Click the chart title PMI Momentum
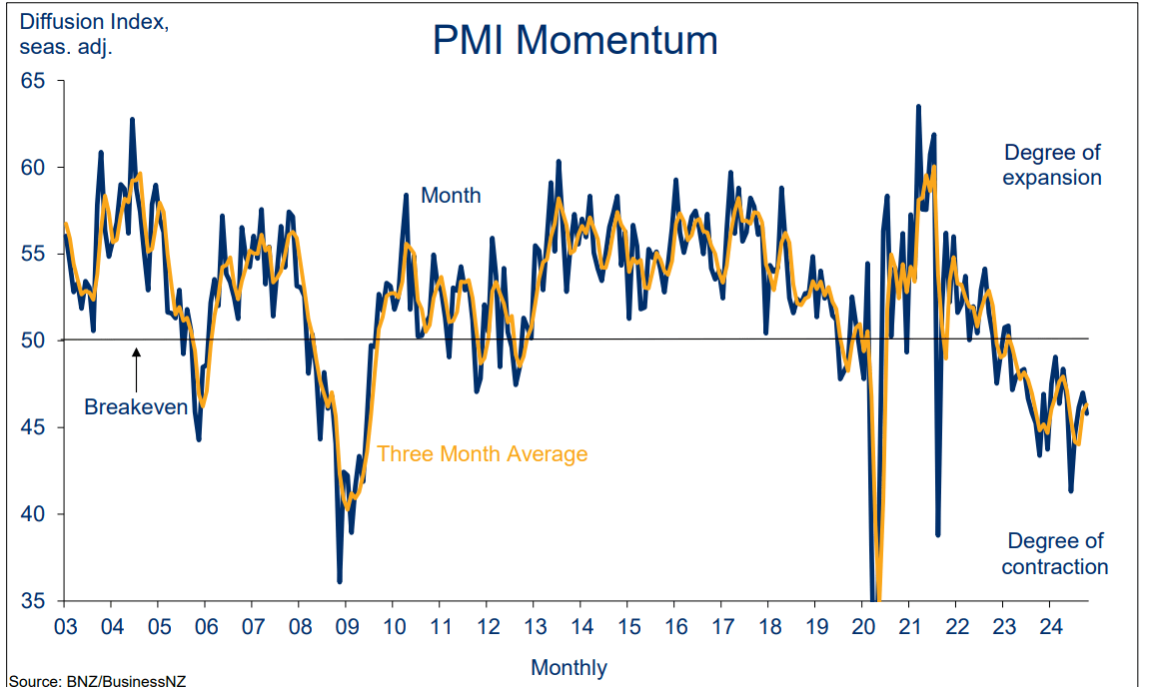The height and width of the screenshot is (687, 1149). (x=574, y=41)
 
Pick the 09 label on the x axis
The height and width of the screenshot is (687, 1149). (x=345, y=626)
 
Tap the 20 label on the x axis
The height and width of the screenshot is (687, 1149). (x=860, y=626)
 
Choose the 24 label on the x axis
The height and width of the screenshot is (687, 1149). (x=1049, y=626)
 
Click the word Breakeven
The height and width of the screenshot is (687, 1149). (x=136, y=406)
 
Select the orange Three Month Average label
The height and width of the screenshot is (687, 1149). (x=483, y=454)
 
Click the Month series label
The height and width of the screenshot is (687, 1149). (x=451, y=196)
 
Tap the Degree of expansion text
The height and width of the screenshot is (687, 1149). (x=1052, y=165)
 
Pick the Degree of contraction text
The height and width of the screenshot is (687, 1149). (x=1055, y=553)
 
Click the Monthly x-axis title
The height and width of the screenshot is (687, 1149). (x=569, y=667)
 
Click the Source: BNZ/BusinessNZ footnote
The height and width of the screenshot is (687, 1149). (x=97, y=680)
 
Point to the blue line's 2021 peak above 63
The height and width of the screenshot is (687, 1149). (x=917, y=106)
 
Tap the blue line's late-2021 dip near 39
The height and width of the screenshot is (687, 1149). (x=938, y=534)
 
